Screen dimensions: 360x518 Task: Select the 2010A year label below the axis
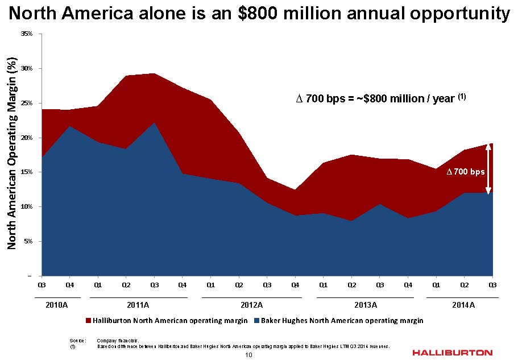click(x=56, y=305)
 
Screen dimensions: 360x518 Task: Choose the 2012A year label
click(x=251, y=305)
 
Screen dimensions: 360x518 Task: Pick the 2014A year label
click(x=463, y=305)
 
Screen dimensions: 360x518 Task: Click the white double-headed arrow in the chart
click(x=488, y=169)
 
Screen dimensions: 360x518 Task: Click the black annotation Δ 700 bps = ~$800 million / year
click(x=381, y=98)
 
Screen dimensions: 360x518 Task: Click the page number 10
click(x=248, y=355)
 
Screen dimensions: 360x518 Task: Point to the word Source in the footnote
click(x=77, y=340)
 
